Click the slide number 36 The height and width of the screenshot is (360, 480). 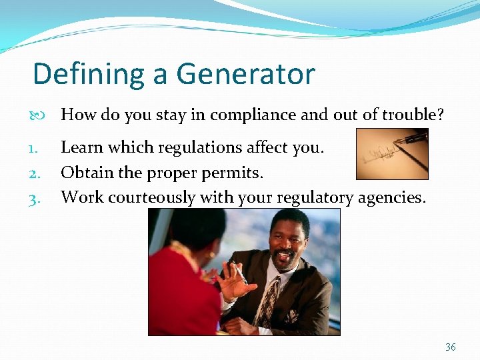tap(451, 347)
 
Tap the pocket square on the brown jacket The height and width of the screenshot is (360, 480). tap(292, 316)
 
